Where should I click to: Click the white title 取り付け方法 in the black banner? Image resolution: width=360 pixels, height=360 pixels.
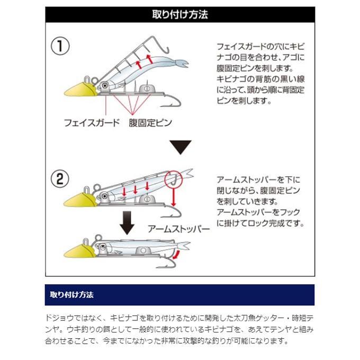coord(180,15)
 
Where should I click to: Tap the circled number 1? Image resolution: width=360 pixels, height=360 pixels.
coord(60,46)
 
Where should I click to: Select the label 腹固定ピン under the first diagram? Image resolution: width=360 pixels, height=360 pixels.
coord(150,123)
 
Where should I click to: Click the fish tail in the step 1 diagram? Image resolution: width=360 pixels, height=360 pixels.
coord(181,65)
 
